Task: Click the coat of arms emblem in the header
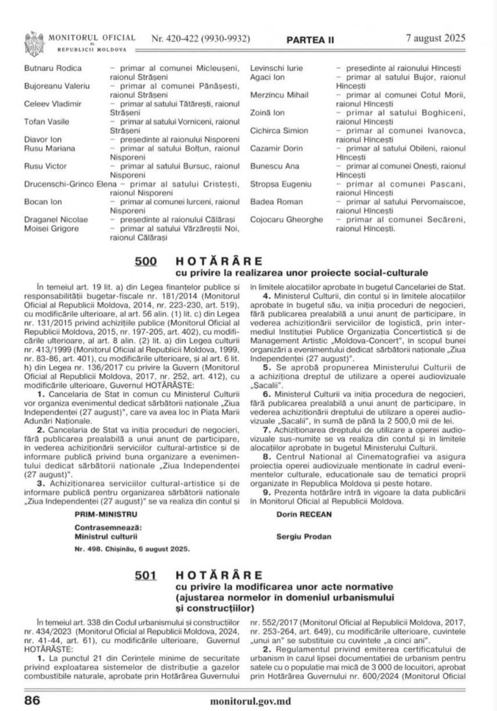[x=34, y=42]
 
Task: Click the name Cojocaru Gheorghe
[x=287, y=219]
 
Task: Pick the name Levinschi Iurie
[x=277, y=68]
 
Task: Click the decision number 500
[x=146, y=261]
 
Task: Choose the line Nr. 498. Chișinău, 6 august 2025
[x=132, y=548]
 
